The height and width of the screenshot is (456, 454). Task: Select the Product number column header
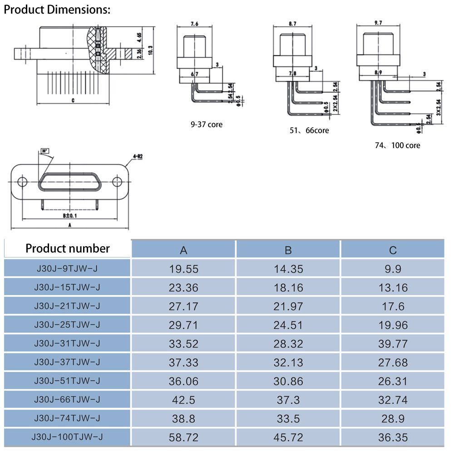coord(67,248)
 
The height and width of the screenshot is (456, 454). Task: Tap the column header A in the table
coord(183,250)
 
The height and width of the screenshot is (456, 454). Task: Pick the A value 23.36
coord(183,287)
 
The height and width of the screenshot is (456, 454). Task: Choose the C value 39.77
coord(393,344)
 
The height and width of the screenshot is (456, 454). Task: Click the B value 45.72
coord(288,438)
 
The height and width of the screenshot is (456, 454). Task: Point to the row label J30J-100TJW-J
coord(67,437)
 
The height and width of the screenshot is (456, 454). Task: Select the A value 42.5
coord(183,400)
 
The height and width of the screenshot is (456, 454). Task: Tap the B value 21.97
coord(288,307)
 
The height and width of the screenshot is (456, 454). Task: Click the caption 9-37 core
coord(207,124)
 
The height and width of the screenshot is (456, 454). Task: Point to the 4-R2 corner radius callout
coord(137,156)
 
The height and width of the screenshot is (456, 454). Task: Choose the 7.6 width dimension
coord(194,24)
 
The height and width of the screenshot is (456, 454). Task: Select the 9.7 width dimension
coord(378,22)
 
